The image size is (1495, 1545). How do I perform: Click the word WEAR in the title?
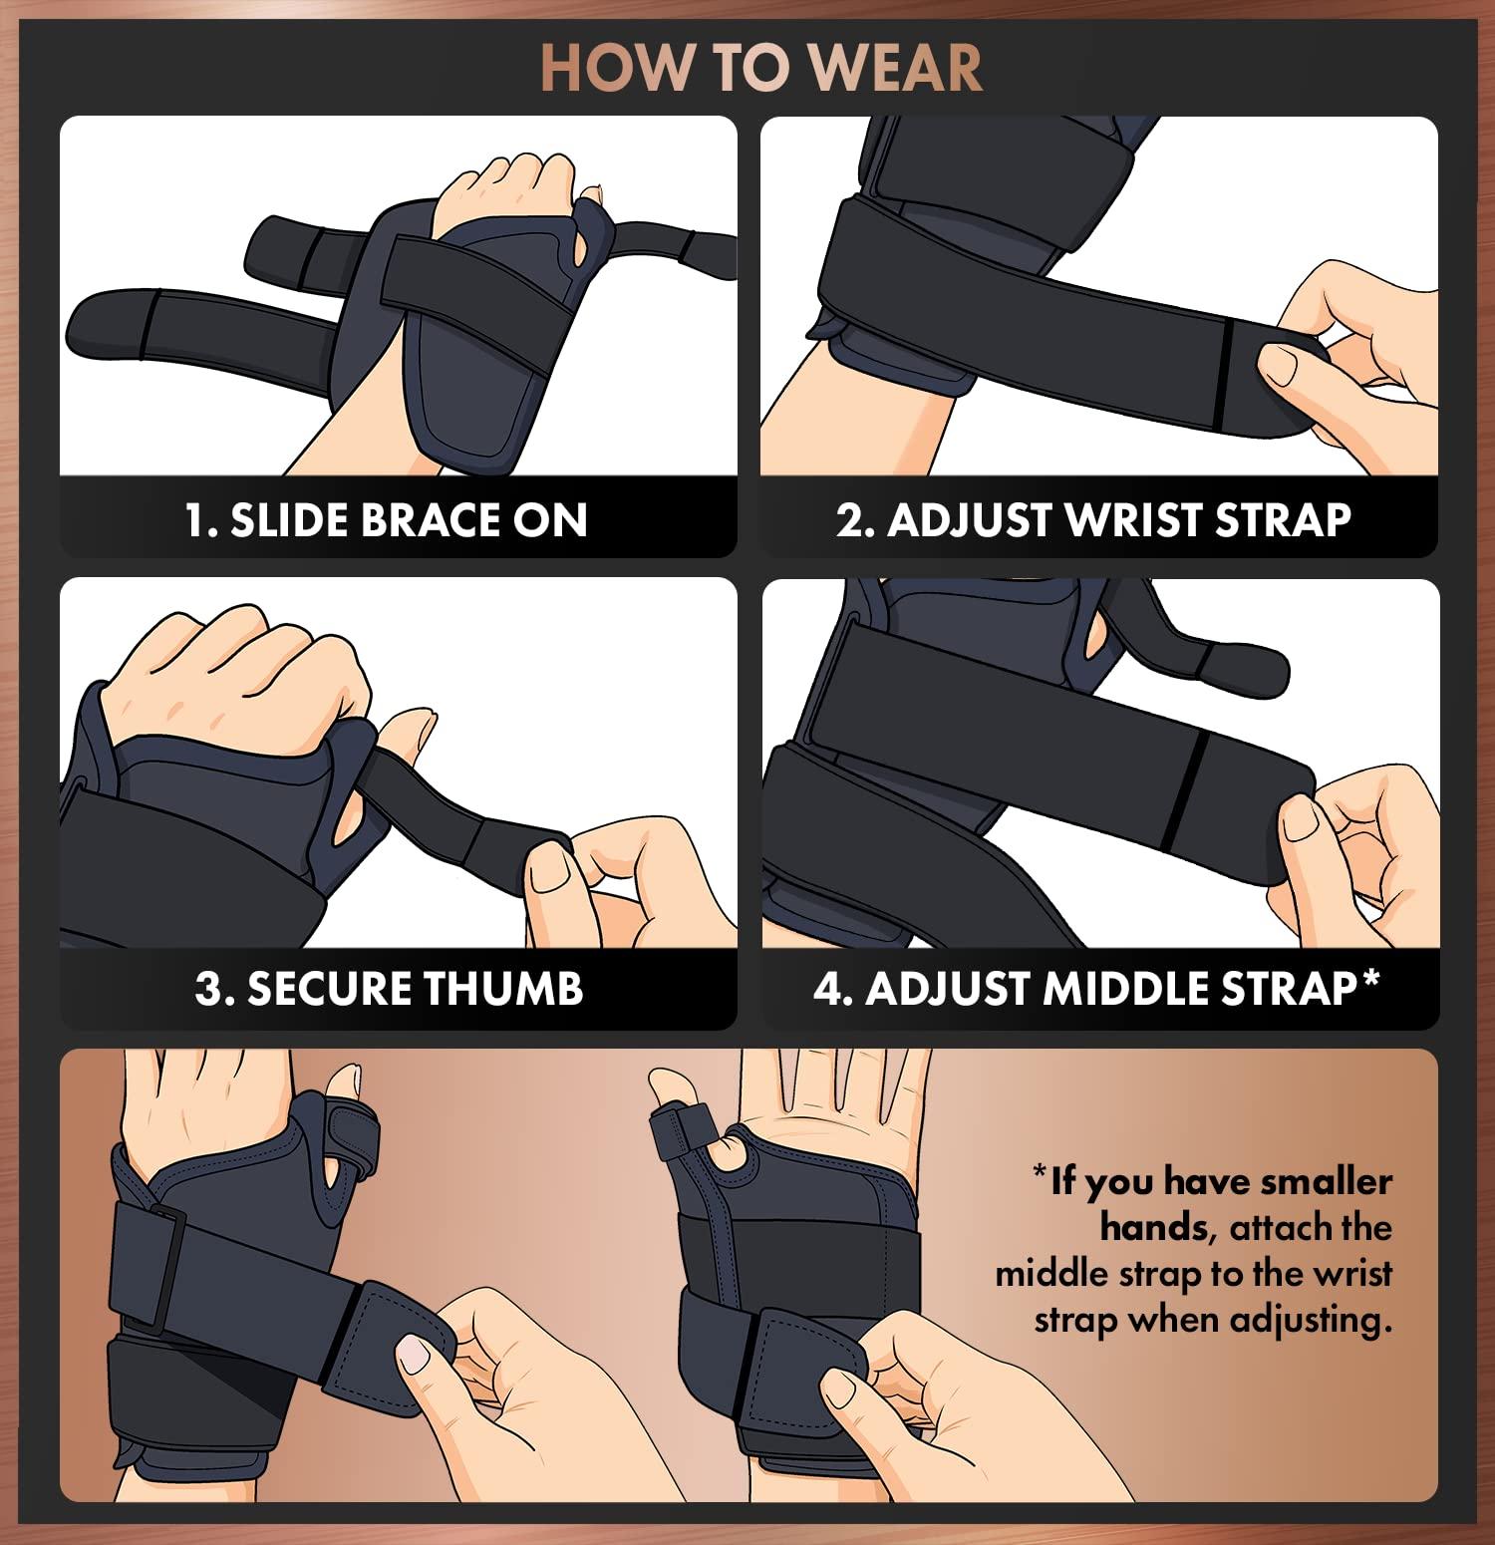[895, 68]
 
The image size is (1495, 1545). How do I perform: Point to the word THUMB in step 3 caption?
[502, 989]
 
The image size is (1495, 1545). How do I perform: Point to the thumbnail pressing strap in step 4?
[1301, 823]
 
